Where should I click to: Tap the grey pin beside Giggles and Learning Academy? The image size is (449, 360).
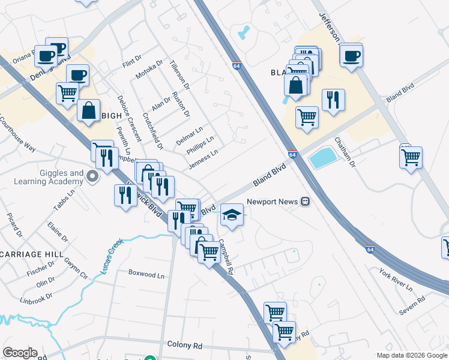92,176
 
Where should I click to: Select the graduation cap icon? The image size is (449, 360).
232,214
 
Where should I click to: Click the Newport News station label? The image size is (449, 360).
272,202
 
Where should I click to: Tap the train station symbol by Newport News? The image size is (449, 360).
306,202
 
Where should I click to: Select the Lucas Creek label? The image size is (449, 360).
112,257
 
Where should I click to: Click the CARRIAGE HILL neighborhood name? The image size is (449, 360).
32,254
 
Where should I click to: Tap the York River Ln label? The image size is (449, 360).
396,280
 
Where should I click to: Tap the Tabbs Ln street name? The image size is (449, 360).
63,200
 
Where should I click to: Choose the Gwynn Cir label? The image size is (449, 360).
76,268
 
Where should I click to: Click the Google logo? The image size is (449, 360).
20,353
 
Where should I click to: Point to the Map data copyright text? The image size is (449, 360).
412,355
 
